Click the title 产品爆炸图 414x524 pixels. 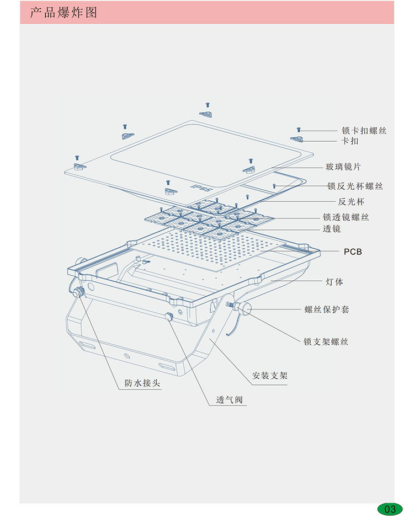coord(63,12)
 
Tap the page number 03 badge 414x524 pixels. coord(390,509)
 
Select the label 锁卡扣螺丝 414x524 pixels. coord(364,131)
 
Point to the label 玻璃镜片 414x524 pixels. coord(343,167)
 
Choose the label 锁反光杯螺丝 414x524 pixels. coord(363,186)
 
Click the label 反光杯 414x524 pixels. coord(351,201)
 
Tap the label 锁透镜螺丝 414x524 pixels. coord(346,217)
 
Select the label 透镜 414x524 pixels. coord(332,228)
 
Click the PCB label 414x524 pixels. coord(353,252)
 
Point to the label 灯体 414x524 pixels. coord(334,282)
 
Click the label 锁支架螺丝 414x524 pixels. coord(326,342)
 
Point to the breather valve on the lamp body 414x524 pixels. coord(169,316)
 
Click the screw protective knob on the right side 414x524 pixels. coord(243,307)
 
